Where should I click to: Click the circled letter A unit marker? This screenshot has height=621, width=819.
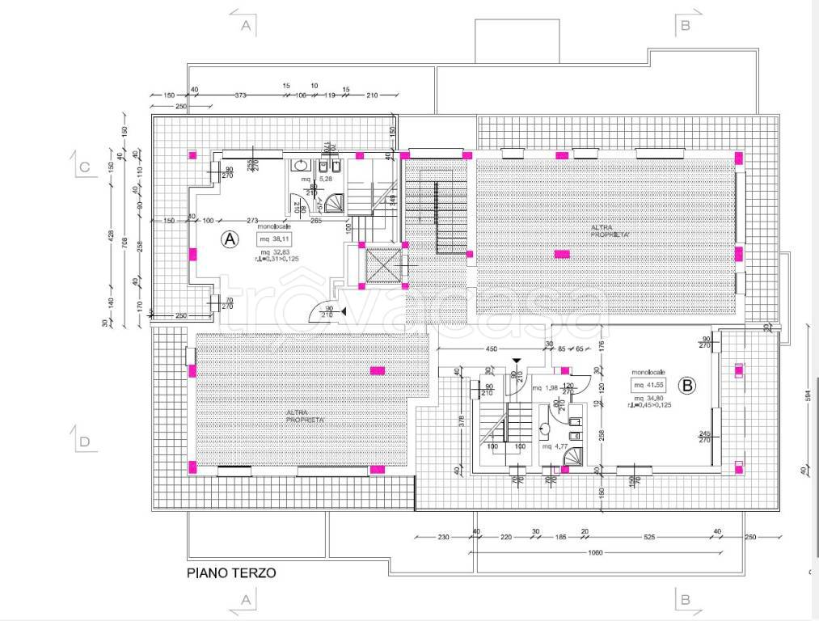click(x=230, y=239)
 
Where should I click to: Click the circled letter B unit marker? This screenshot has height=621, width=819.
click(x=687, y=386)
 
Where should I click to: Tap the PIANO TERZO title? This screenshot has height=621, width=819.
click(x=231, y=572)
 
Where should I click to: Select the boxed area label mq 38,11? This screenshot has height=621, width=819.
click(x=275, y=239)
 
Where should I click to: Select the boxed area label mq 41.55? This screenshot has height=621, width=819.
click(x=649, y=384)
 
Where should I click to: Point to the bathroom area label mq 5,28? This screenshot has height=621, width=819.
click(x=311, y=178)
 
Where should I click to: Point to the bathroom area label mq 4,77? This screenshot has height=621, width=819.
click(x=552, y=446)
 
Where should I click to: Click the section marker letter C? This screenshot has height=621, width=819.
click(x=84, y=168)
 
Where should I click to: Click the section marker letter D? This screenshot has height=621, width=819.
click(x=84, y=441)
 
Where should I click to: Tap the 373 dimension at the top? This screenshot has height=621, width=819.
click(x=240, y=95)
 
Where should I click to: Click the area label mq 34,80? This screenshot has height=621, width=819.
click(x=649, y=398)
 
